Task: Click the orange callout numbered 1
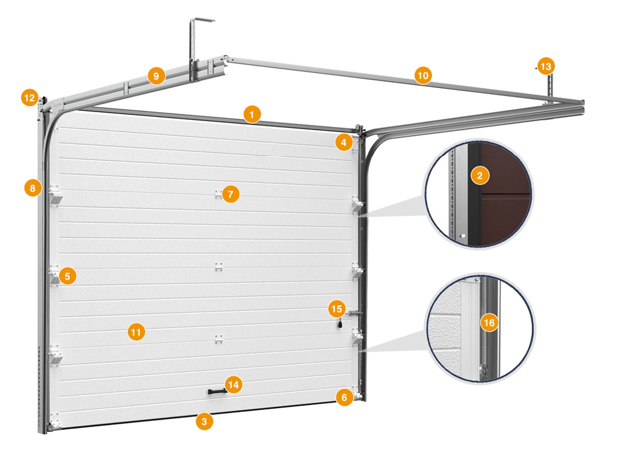coord(252,115)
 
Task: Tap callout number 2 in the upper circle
coord(480,175)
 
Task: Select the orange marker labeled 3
coord(204,421)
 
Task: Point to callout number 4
coord(344,142)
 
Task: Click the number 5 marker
coord(67,276)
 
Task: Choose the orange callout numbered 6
coord(344,398)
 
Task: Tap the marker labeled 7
coord(231,194)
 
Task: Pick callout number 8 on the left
coord(33,188)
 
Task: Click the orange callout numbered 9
coord(156,75)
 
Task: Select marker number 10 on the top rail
coord(423,75)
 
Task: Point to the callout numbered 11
coord(136,332)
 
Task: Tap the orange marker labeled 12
coord(30,98)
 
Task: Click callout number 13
coord(546,66)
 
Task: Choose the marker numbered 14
coord(233,385)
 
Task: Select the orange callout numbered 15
coord(337,309)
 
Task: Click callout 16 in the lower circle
coord(489,323)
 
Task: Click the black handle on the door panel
coord(217,391)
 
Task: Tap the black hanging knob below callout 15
coord(340,324)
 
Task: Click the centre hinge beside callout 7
coord(218,195)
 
